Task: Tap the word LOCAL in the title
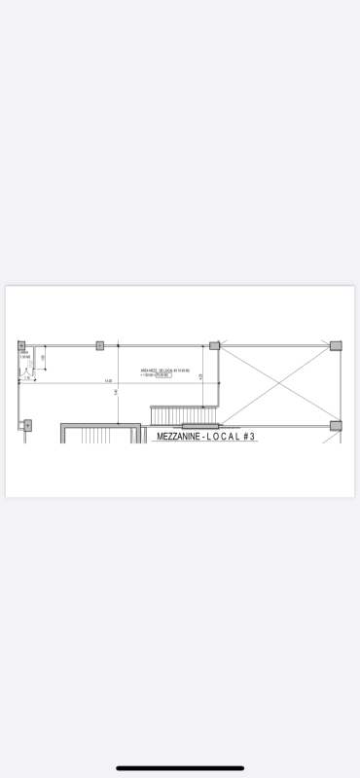click(x=224, y=438)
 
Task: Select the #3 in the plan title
click(x=249, y=438)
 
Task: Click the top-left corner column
click(x=21, y=345)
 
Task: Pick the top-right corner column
click(x=336, y=345)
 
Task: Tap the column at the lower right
click(x=336, y=425)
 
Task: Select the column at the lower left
click(x=27, y=425)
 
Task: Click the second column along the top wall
click(x=99, y=345)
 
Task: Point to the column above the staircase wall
click(x=214, y=345)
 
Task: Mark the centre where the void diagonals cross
click(x=277, y=385)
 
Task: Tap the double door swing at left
click(x=26, y=375)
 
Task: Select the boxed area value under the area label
click(x=162, y=375)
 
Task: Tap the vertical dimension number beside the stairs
click(x=200, y=375)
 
